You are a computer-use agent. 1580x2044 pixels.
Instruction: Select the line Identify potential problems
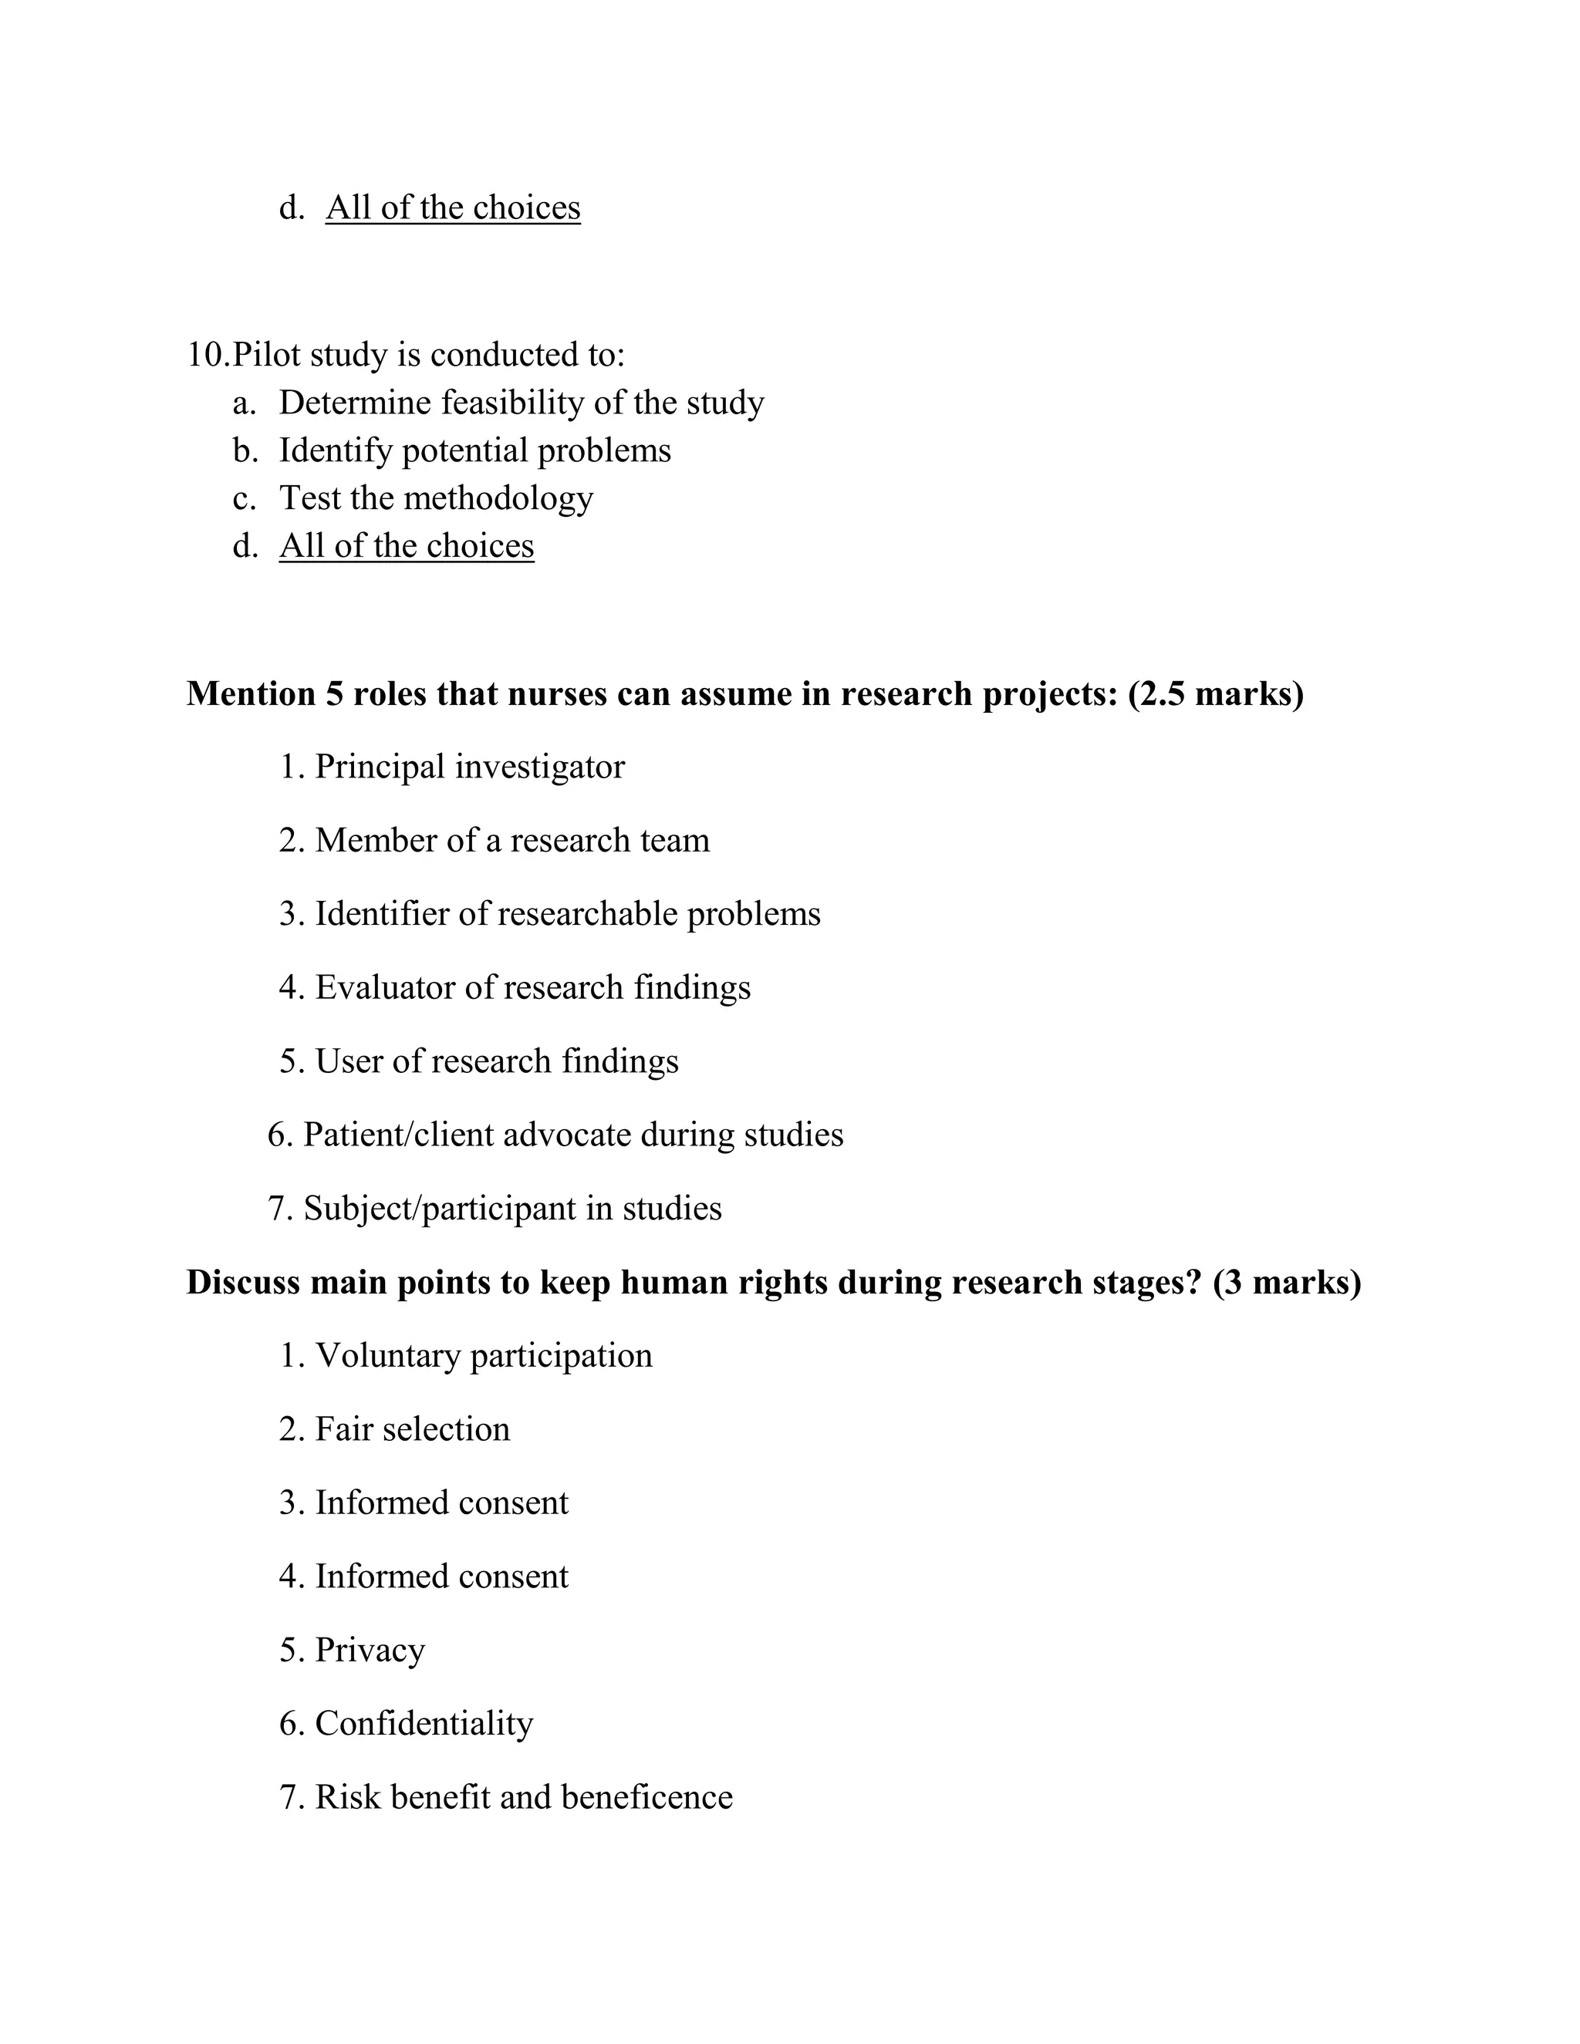(474, 450)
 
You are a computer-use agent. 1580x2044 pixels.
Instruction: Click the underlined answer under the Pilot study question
(407, 545)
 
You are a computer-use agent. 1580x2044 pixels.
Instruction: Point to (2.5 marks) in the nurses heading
(1215, 693)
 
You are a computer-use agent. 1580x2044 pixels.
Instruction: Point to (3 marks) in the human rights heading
(1286, 1282)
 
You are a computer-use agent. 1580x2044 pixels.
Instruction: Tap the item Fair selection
(412, 1429)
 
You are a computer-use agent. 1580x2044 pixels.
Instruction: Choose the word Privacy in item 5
(370, 1650)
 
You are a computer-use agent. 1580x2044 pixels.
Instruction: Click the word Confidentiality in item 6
(424, 1724)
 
